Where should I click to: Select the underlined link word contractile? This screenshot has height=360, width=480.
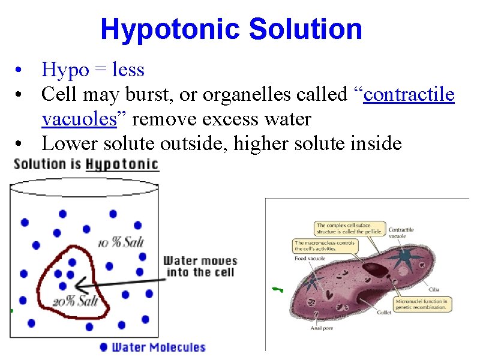pos(409,95)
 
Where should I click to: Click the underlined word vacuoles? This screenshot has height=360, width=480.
pos(79,119)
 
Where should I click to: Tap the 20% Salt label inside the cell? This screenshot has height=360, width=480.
pos(75,300)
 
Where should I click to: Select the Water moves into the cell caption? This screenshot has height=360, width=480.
pos(200,266)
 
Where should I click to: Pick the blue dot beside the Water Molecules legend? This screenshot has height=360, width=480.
pos(104,347)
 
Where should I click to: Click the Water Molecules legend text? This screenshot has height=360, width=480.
pos(159,347)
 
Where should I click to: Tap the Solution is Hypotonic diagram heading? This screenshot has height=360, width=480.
pos(86,164)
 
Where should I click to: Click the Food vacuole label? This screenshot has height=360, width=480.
pos(310,258)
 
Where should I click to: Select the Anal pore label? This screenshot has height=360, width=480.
pos(322,328)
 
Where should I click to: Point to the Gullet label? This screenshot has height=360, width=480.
pos(385,313)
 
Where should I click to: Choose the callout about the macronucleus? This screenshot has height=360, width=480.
pos(325,246)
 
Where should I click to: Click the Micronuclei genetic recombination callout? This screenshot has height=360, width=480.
pos(422,304)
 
